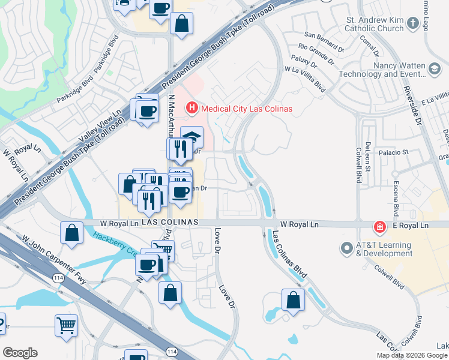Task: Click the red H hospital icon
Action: click(x=191, y=109)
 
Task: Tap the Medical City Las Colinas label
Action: click(x=247, y=109)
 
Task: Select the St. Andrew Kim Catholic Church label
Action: click(x=375, y=23)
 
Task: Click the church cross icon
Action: click(x=412, y=23)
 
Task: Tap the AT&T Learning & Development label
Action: click(x=384, y=250)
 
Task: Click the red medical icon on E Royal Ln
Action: click(x=379, y=227)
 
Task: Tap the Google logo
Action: click(x=20, y=353)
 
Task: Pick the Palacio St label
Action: click(x=394, y=153)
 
